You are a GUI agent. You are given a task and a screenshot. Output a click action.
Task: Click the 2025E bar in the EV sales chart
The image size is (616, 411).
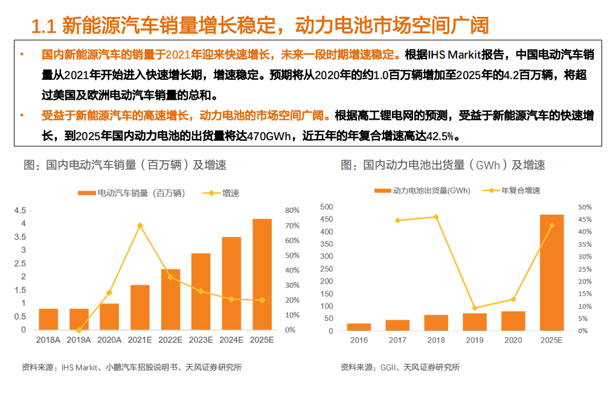pyautogui.click(x=261, y=274)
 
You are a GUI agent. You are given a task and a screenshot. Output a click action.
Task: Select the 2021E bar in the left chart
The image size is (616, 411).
pyautogui.click(x=140, y=307)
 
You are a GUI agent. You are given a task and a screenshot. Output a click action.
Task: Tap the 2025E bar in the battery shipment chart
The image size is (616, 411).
pyautogui.click(x=551, y=273)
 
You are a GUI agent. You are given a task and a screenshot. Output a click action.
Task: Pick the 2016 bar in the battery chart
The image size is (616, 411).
pyautogui.click(x=359, y=327)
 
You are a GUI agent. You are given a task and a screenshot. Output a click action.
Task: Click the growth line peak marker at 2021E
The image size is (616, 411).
pyautogui.click(x=140, y=225)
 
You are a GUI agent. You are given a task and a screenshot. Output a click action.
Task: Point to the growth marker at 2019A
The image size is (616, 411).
pyautogui.click(x=79, y=330)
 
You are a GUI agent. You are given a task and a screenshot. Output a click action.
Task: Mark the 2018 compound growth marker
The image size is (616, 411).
pyautogui.click(x=436, y=217)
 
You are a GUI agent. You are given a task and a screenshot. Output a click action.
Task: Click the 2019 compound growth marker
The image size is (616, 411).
pyautogui.click(x=475, y=308)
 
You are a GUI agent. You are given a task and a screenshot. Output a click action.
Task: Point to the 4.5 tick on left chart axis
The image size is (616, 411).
pyautogui.click(x=20, y=210)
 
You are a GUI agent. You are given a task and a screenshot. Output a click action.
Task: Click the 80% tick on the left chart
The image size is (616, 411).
pyautogui.click(x=292, y=210)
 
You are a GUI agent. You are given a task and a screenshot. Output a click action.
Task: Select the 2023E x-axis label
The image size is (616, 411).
pyautogui.click(x=201, y=340)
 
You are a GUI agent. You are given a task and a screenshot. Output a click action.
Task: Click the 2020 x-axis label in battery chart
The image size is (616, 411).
pyautogui.click(x=513, y=340)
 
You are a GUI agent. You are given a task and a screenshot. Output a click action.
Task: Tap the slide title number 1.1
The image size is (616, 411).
pyautogui.click(x=43, y=26)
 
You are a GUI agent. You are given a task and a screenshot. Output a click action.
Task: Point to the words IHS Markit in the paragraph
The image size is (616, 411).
pyautogui.click(x=454, y=56)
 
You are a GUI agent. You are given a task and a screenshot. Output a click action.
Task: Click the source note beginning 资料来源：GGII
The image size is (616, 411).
pyautogui.click(x=400, y=367)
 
